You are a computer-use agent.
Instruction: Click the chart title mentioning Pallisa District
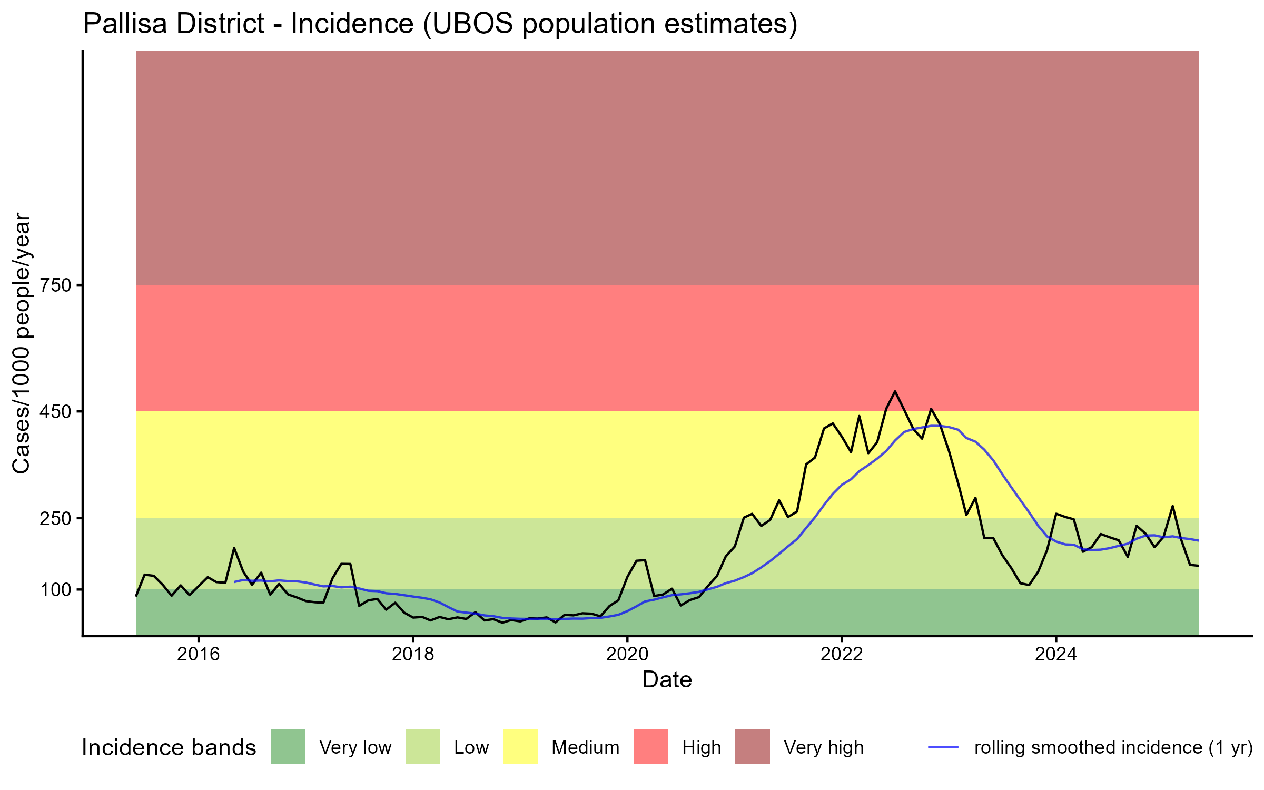pos(440,24)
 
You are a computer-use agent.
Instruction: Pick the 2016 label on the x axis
pos(199,654)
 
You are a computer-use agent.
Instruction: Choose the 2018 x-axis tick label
pos(413,654)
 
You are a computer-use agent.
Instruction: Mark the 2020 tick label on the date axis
pos(627,654)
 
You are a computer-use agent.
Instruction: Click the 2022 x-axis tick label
pos(842,654)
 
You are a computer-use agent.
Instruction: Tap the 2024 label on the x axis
pos(1056,654)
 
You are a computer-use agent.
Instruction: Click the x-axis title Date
pos(667,680)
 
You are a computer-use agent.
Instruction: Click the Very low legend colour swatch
pos(288,747)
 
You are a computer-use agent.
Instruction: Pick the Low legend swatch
pos(422,747)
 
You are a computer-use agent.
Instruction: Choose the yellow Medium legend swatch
pos(520,747)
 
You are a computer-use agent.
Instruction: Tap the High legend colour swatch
pos(650,747)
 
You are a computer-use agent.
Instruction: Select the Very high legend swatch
pos(752,747)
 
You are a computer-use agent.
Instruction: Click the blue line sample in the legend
pos(943,747)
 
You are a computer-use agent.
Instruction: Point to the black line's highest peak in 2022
pos(895,391)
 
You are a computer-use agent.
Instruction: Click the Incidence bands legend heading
pos(169,748)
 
